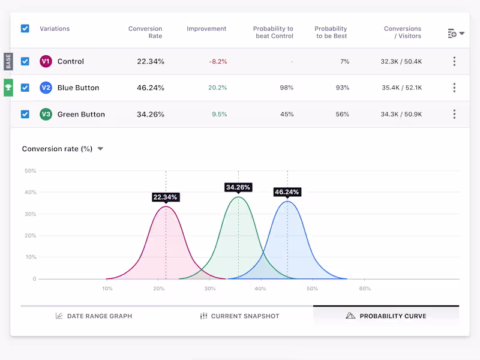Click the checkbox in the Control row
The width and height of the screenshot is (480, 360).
(x=25, y=61)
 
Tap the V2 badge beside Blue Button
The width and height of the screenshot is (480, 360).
(x=46, y=88)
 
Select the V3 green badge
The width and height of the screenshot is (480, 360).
(x=46, y=114)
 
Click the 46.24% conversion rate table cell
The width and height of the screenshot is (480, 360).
(x=151, y=88)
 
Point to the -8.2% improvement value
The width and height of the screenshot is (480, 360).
(x=218, y=61)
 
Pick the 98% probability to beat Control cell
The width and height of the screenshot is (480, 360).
(x=286, y=88)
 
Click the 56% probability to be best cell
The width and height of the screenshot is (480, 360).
(x=342, y=114)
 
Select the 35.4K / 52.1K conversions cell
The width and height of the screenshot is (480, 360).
(x=401, y=88)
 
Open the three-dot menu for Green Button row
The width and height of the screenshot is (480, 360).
(x=454, y=114)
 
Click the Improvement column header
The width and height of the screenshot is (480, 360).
(x=206, y=29)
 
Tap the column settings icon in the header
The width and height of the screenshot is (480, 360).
(x=456, y=34)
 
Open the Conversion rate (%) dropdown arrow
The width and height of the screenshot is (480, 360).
(x=100, y=149)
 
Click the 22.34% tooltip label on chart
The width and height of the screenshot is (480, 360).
(x=166, y=197)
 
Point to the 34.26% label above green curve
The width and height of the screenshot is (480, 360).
(x=238, y=187)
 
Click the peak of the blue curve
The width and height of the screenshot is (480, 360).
(x=288, y=202)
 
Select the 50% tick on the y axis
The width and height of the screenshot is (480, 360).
(x=30, y=171)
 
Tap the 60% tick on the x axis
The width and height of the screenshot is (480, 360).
(x=364, y=289)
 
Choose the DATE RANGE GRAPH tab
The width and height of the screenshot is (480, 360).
(x=94, y=316)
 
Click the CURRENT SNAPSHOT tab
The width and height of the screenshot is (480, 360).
(x=239, y=316)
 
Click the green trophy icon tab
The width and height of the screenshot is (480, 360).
(x=8, y=88)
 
